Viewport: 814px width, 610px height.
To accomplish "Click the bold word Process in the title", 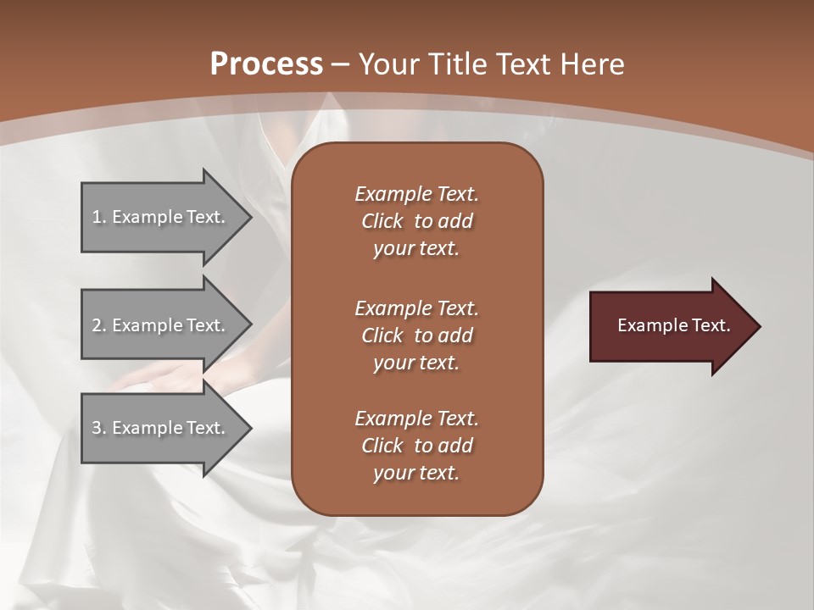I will coord(266,64).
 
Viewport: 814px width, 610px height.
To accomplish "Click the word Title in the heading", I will coord(457,64).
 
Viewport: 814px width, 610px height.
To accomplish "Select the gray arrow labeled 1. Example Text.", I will coord(161,217).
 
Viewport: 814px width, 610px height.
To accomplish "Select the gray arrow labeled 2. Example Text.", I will coord(161,325).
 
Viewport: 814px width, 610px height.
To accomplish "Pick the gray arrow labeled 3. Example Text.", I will coord(161,428).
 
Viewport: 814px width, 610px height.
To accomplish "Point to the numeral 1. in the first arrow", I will coord(98,217).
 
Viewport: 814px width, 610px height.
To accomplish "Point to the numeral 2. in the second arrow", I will coord(98,325).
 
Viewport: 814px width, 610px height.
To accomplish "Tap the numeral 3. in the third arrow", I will coord(98,428).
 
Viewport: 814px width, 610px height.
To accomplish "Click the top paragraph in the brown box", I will coord(416,221).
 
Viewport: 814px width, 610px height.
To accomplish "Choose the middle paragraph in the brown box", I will coord(416,335).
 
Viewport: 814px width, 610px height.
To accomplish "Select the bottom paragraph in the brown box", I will coord(416,446).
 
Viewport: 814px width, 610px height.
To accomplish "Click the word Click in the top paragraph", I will coord(382,221).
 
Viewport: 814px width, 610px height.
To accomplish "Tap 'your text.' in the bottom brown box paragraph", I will coord(416,473).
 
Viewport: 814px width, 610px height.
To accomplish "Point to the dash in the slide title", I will coord(341,65).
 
